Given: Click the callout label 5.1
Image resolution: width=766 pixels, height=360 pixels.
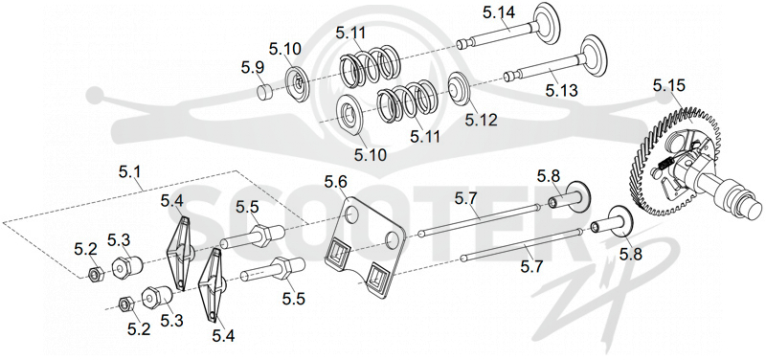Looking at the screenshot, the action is pyautogui.click(x=129, y=172).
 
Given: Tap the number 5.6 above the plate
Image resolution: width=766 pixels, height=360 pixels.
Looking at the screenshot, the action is pyautogui.click(x=336, y=183).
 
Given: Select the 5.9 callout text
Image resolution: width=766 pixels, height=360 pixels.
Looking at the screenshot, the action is pyautogui.click(x=253, y=68).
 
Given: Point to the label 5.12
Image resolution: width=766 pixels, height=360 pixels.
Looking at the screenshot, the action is pyautogui.click(x=481, y=120).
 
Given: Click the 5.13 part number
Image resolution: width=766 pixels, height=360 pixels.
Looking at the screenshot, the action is pyautogui.click(x=562, y=90).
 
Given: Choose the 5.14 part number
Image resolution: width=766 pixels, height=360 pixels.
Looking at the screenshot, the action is pyautogui.click(x=499, y=13).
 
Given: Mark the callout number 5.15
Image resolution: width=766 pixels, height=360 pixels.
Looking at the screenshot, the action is pyautogui.click(x=669, y=86).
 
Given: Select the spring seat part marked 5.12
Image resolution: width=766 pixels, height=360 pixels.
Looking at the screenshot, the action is pyautogui.click(x=458, y=88).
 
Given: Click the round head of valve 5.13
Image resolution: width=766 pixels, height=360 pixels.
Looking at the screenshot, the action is pyautogui.click(x=592, y=56).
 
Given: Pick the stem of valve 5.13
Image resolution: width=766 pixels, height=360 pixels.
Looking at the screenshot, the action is pyautogui.click(x=541, y=68).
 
